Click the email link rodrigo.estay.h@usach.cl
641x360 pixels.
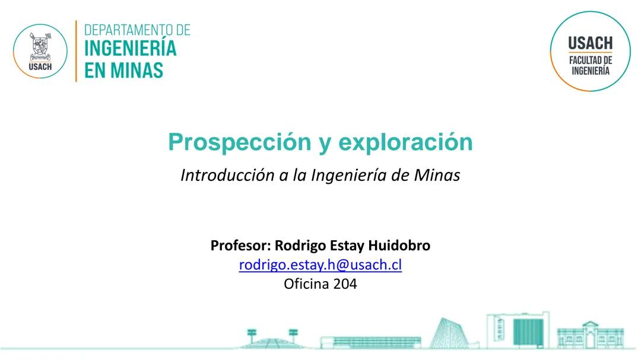coord(320,265)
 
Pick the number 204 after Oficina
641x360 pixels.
coord(345,283)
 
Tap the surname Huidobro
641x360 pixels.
coord(399,245)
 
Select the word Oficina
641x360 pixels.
coord(306,283)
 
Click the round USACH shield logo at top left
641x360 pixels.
coord(40,51)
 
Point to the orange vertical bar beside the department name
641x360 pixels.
coord(76,51)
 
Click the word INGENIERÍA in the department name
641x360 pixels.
coord(131,48)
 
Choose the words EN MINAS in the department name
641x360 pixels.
coord(123,71)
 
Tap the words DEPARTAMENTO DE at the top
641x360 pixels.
coord(137,30)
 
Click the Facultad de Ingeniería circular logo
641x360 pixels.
coord(589,52)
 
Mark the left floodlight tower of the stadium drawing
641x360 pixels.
coord(252,334)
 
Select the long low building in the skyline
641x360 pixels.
coord(371,342)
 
